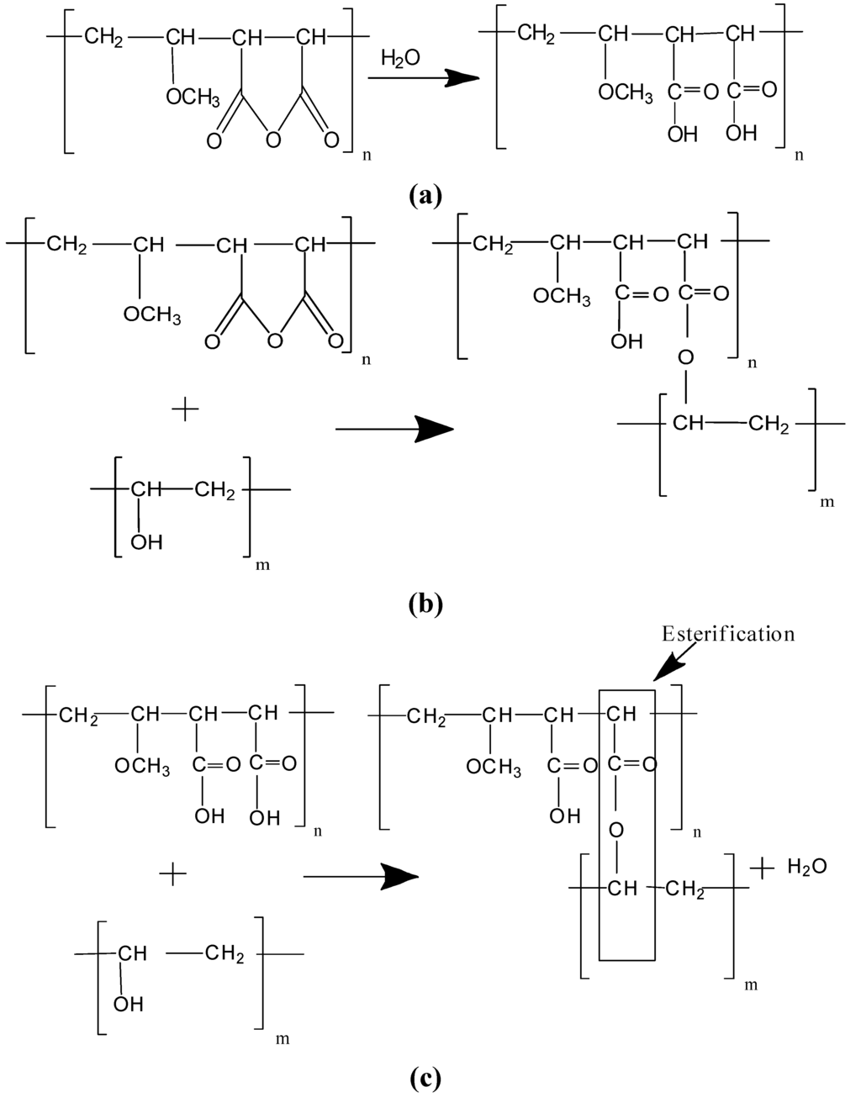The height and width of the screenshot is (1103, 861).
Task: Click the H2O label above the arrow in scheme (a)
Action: click(x=401, y=60)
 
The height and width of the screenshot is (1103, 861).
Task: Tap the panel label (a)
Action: click(x=424, y=195)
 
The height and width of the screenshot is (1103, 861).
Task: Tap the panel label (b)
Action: click(x=424, y=604)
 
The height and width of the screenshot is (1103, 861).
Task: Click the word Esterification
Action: click(x=727, y=633)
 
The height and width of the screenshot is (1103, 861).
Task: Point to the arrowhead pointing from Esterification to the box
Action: click(x=668, y=668)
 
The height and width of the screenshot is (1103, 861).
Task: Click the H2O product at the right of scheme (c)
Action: click(x=807, y=867)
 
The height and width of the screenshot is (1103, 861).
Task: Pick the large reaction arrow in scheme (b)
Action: click(x=395, y=430)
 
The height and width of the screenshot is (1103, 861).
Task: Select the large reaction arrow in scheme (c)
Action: click(x=362, y=875)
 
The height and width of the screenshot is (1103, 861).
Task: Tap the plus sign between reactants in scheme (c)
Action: click(x=172, y=874)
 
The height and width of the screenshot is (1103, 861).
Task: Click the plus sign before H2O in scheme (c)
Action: click(x=760, y=868)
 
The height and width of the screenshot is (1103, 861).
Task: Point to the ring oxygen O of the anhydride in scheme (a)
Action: click(x=270, y=139)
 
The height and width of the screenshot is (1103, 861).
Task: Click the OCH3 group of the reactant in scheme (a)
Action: click(x=193, y=98)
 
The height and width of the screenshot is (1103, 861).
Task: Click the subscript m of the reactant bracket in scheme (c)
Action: click(x=283, y=1039)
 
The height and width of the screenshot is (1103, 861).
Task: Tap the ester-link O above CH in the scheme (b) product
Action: click(x=686, y=359)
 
